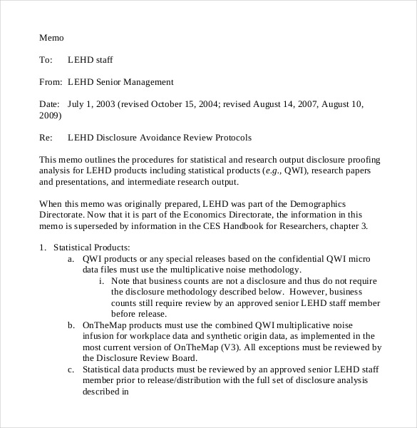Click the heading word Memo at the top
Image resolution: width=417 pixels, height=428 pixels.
(51, 37)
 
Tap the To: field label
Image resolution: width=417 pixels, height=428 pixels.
(46, 60)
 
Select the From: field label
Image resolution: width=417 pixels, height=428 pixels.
(51, 82)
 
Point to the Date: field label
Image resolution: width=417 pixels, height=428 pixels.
(50, 104)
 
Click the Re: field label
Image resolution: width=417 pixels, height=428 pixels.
(46, 137)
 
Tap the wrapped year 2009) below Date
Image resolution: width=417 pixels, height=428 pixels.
(51, 115)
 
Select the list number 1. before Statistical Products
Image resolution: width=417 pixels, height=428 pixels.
(43, 248)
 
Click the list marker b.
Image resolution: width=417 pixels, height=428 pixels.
(71, 325)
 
